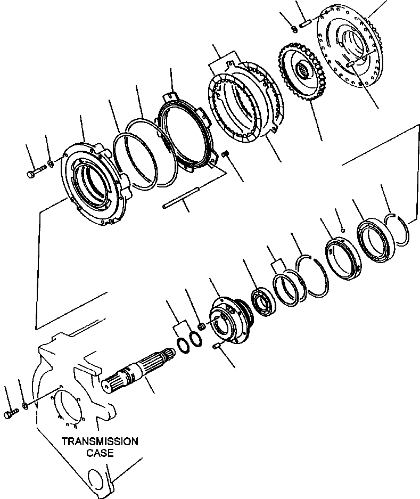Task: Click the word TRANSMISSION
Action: tap(100, 441)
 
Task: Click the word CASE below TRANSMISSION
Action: tap(100, 453)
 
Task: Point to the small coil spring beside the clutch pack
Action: tap(225, 155)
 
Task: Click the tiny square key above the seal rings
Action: tap(344, 231)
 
